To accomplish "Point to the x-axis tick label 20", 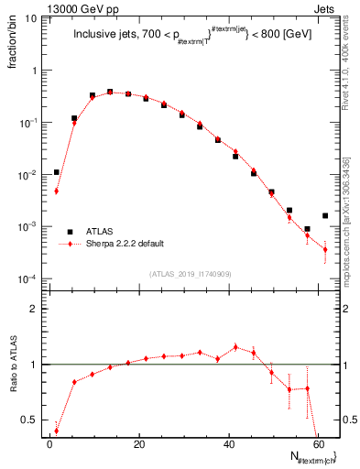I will coord(138,444).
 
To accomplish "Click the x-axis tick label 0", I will coord(49,444).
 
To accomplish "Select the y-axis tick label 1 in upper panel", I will coord(34,70).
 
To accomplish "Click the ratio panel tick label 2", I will coord(33,310).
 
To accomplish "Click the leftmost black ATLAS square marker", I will coord(57,172).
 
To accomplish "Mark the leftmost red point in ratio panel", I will coord(57,431).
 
